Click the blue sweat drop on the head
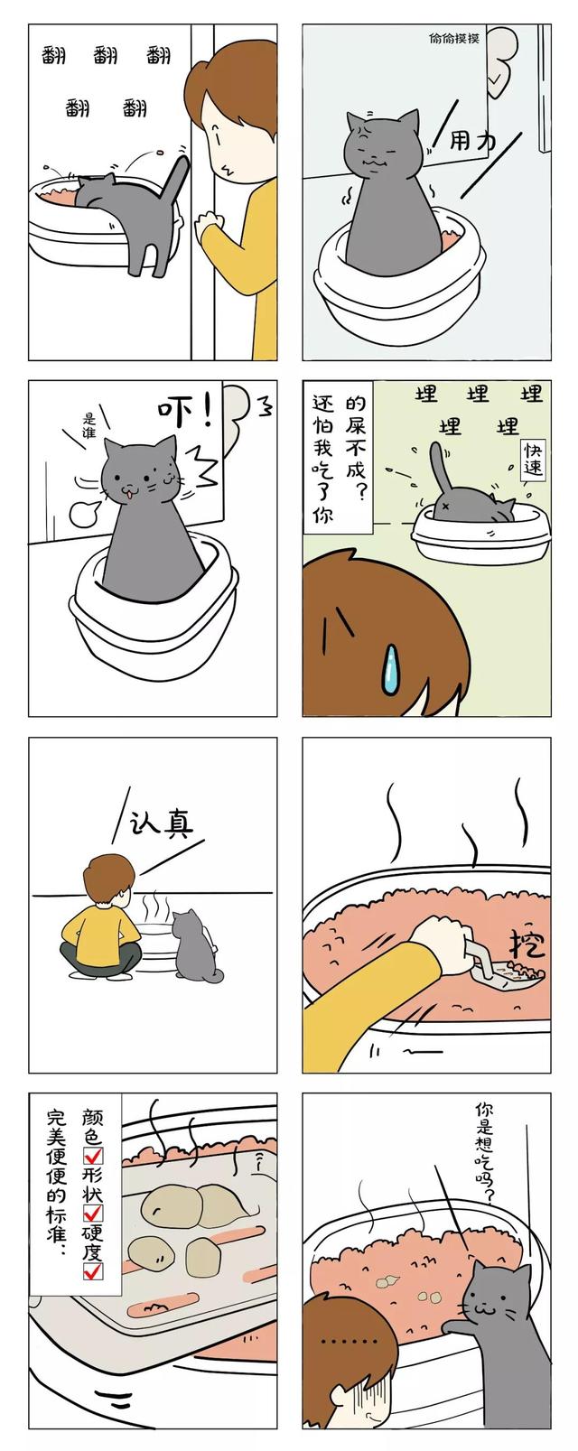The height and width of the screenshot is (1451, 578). tap(390, 670)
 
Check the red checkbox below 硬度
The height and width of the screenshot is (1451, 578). tap(93, 1271)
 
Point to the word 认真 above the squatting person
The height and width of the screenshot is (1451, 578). tap(163, 823)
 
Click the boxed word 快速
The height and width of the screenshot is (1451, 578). tap(533, 459)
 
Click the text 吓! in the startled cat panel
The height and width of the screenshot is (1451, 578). tap(186, 411)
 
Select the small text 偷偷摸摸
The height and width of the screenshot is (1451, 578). tap(453, 38)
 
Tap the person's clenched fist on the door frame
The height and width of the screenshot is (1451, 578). tap(209, 221)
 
